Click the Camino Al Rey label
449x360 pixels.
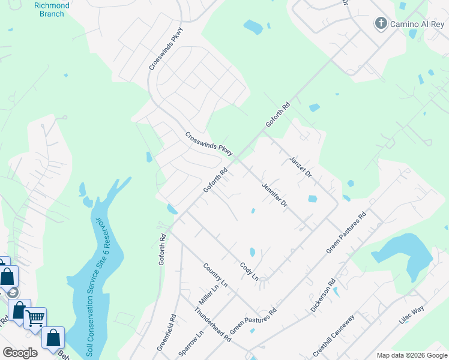point(416,24)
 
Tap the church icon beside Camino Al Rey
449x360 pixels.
point(380,23)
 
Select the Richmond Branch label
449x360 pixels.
point(52,9)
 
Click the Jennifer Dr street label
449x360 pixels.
point(274,195)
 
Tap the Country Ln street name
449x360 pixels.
point(215,274)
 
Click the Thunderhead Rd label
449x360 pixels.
point(212,324)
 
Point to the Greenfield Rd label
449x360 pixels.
point(165,332)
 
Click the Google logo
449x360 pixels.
point(20,353)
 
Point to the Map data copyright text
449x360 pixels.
point(411,355)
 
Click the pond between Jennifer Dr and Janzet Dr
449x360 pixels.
point(312,199)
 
